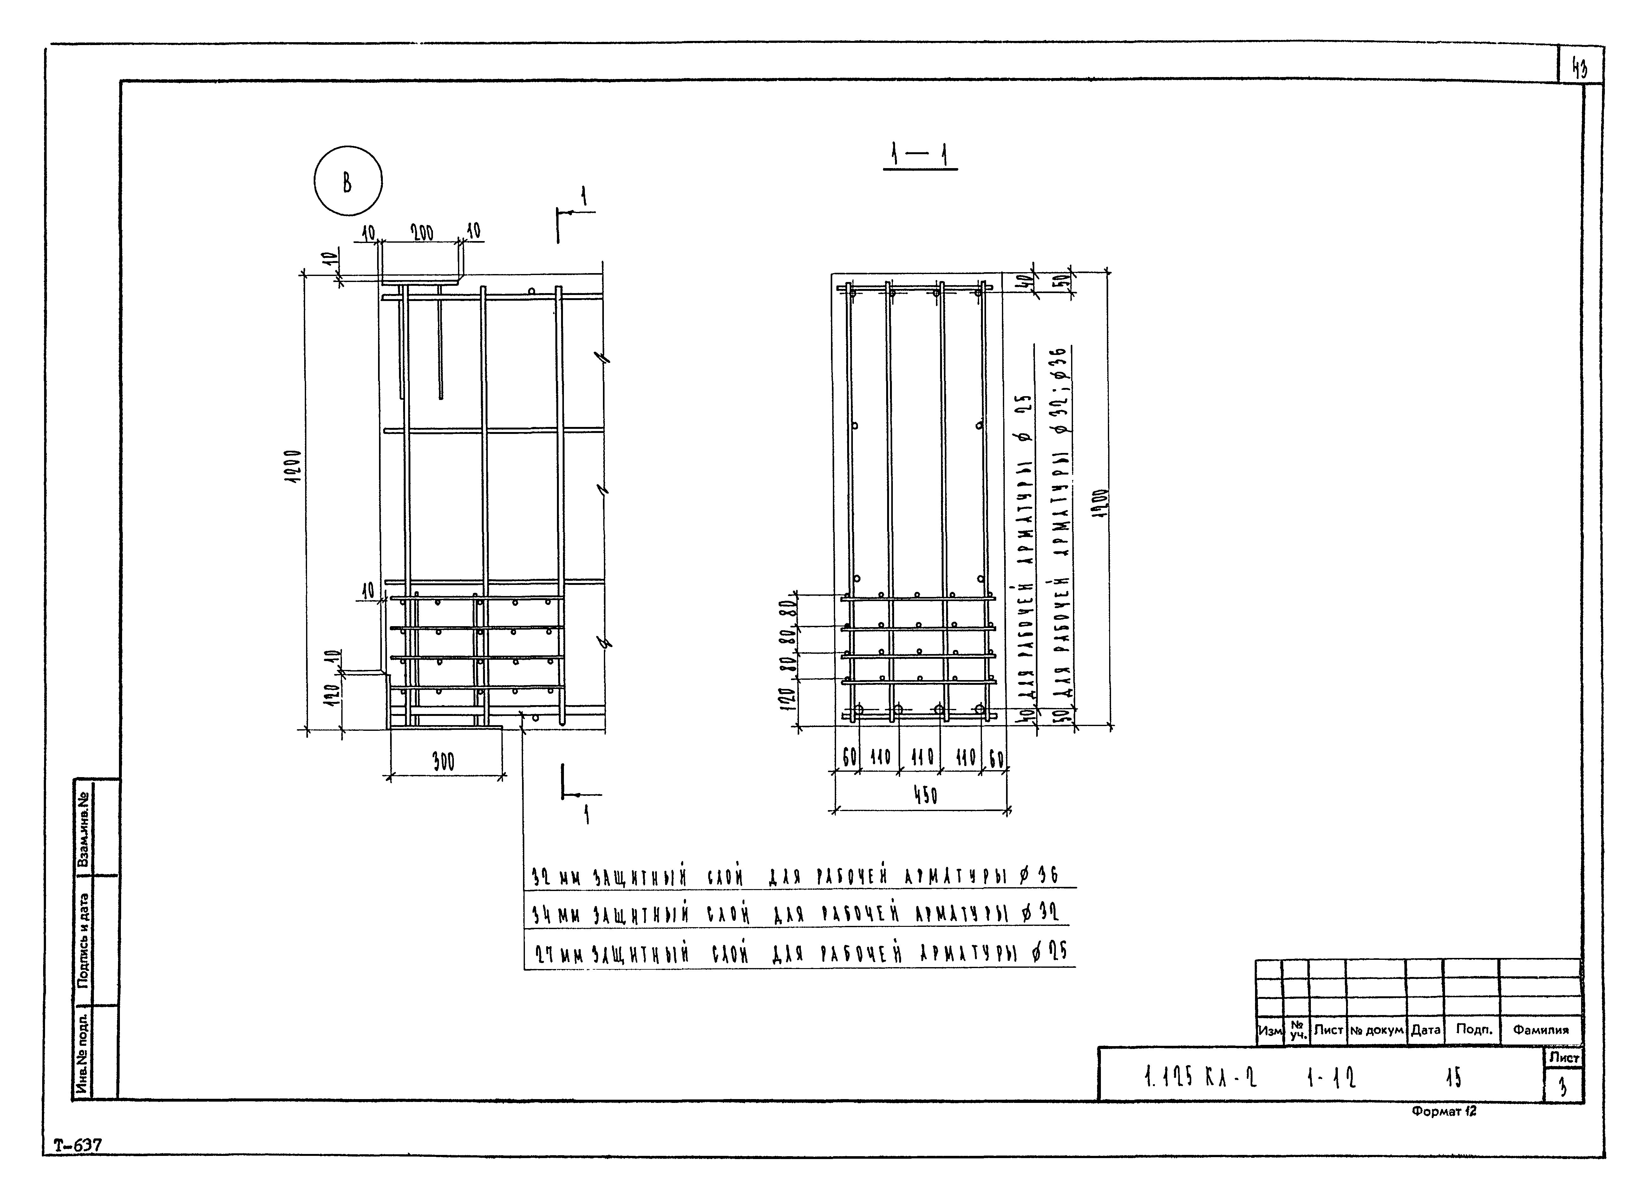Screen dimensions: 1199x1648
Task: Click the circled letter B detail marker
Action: pyautogui.click(x=348, y=181)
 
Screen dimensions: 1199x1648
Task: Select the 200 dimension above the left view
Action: pyautogui.click(x=422, y=233)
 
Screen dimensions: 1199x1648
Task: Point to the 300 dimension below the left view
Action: pyautogui.click(x=443, y=762)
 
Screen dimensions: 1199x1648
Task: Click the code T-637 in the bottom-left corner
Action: pyautogui.click(x=78, y=1145)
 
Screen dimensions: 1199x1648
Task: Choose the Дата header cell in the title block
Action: pyautogui.click(x=1425, y=1030)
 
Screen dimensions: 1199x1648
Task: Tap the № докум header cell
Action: pyautogui.click(x=1376, y=1030)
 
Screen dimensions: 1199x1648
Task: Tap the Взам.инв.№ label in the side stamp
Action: pyautogui.click(x=83, y=829)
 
